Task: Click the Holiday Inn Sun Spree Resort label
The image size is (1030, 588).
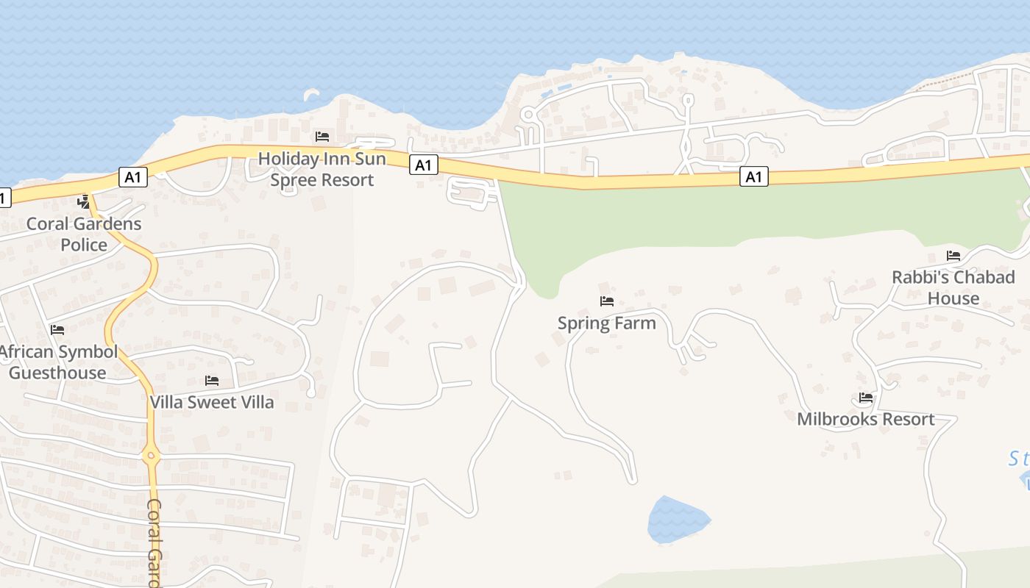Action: (322, 169)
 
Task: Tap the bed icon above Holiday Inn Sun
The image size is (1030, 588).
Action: (322, 137)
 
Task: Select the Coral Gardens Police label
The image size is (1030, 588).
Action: (83, 234)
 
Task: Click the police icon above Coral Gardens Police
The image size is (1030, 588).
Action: (84, 202)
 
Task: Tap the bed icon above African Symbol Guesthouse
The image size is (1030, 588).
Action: (57, 330)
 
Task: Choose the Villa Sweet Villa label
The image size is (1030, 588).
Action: (212, 402)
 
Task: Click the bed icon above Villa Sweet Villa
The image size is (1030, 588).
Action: (212, 381)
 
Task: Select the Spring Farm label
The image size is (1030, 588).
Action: (607, 323)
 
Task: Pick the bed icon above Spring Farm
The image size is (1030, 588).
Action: (607, 301)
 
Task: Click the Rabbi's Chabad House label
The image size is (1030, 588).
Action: (953, 287)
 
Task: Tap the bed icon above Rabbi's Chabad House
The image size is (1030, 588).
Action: (953, 256)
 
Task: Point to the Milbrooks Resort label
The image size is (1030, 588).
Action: (866, 419)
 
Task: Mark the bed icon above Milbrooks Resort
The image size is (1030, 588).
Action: (866, 398)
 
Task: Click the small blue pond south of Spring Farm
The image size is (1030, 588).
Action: (677, 520)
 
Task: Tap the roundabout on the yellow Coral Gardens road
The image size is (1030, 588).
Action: (151, 456)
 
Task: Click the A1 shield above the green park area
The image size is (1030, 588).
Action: (754, 176)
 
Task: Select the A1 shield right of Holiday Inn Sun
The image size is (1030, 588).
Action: (423, 165)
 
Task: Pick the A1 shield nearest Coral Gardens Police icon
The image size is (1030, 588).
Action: (133, 176)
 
